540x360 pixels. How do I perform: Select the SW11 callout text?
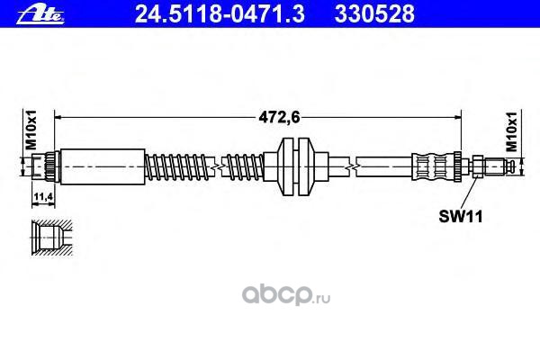[x=455, y=215]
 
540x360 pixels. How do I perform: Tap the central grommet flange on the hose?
[x=295, y=166]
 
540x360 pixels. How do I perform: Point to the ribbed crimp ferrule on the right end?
[x=436, y=166]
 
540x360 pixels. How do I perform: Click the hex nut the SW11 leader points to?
[x=479, y=166]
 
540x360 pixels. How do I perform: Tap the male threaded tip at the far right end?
[x=508, y=166]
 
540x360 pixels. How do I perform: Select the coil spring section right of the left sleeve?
[x=180, y=166]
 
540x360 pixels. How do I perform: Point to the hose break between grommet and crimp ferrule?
[x=356, y=166]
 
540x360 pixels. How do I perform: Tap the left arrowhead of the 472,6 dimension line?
[x=60, y=115]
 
